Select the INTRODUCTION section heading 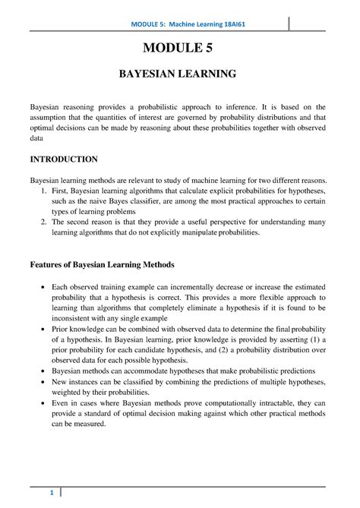click(63, 159)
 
